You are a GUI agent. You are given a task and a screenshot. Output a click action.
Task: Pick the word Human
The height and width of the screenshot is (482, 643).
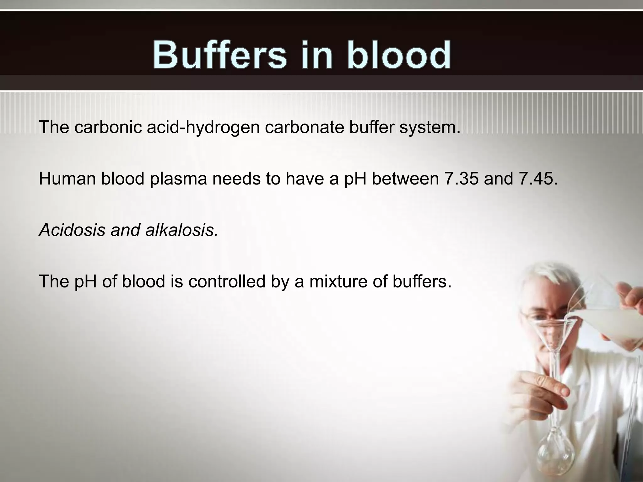click(67, 179)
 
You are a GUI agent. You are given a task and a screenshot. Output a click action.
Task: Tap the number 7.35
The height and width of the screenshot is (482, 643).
click(462, 179)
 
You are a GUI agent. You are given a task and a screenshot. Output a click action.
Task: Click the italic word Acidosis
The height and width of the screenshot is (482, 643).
click(72, 230)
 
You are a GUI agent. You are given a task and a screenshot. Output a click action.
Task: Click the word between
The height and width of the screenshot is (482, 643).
click(405, 179)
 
